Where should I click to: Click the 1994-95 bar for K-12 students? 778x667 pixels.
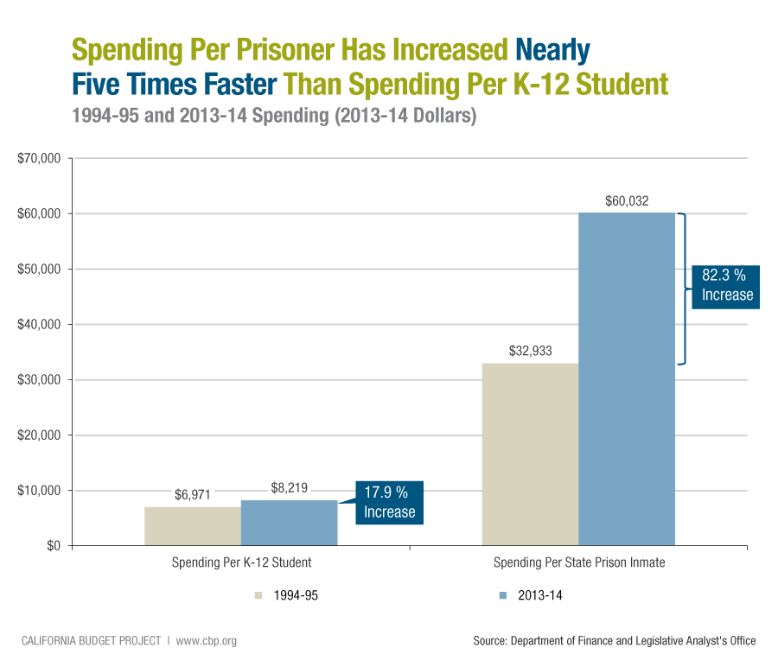coord(192,526)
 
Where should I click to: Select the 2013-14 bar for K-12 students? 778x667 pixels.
coord(289,523)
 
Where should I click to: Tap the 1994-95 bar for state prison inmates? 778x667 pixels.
coord(529,454)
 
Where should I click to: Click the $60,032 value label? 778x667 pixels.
coord(626,201)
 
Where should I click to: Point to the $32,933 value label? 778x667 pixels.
coord(529,352)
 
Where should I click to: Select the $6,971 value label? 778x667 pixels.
coord(192,495)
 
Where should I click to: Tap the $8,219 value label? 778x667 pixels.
coord(289,488)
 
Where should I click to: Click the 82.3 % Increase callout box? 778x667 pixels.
coord(727,285)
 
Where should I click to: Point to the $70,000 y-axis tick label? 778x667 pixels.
coord(38,159)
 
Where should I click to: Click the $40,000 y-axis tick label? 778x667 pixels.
coord(38,325)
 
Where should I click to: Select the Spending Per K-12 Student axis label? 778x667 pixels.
coord(241,562)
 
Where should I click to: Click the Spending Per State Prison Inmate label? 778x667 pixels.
coord(579,562)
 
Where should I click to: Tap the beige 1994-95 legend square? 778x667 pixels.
coord(258,595)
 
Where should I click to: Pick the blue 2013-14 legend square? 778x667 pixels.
coord(502,595)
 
